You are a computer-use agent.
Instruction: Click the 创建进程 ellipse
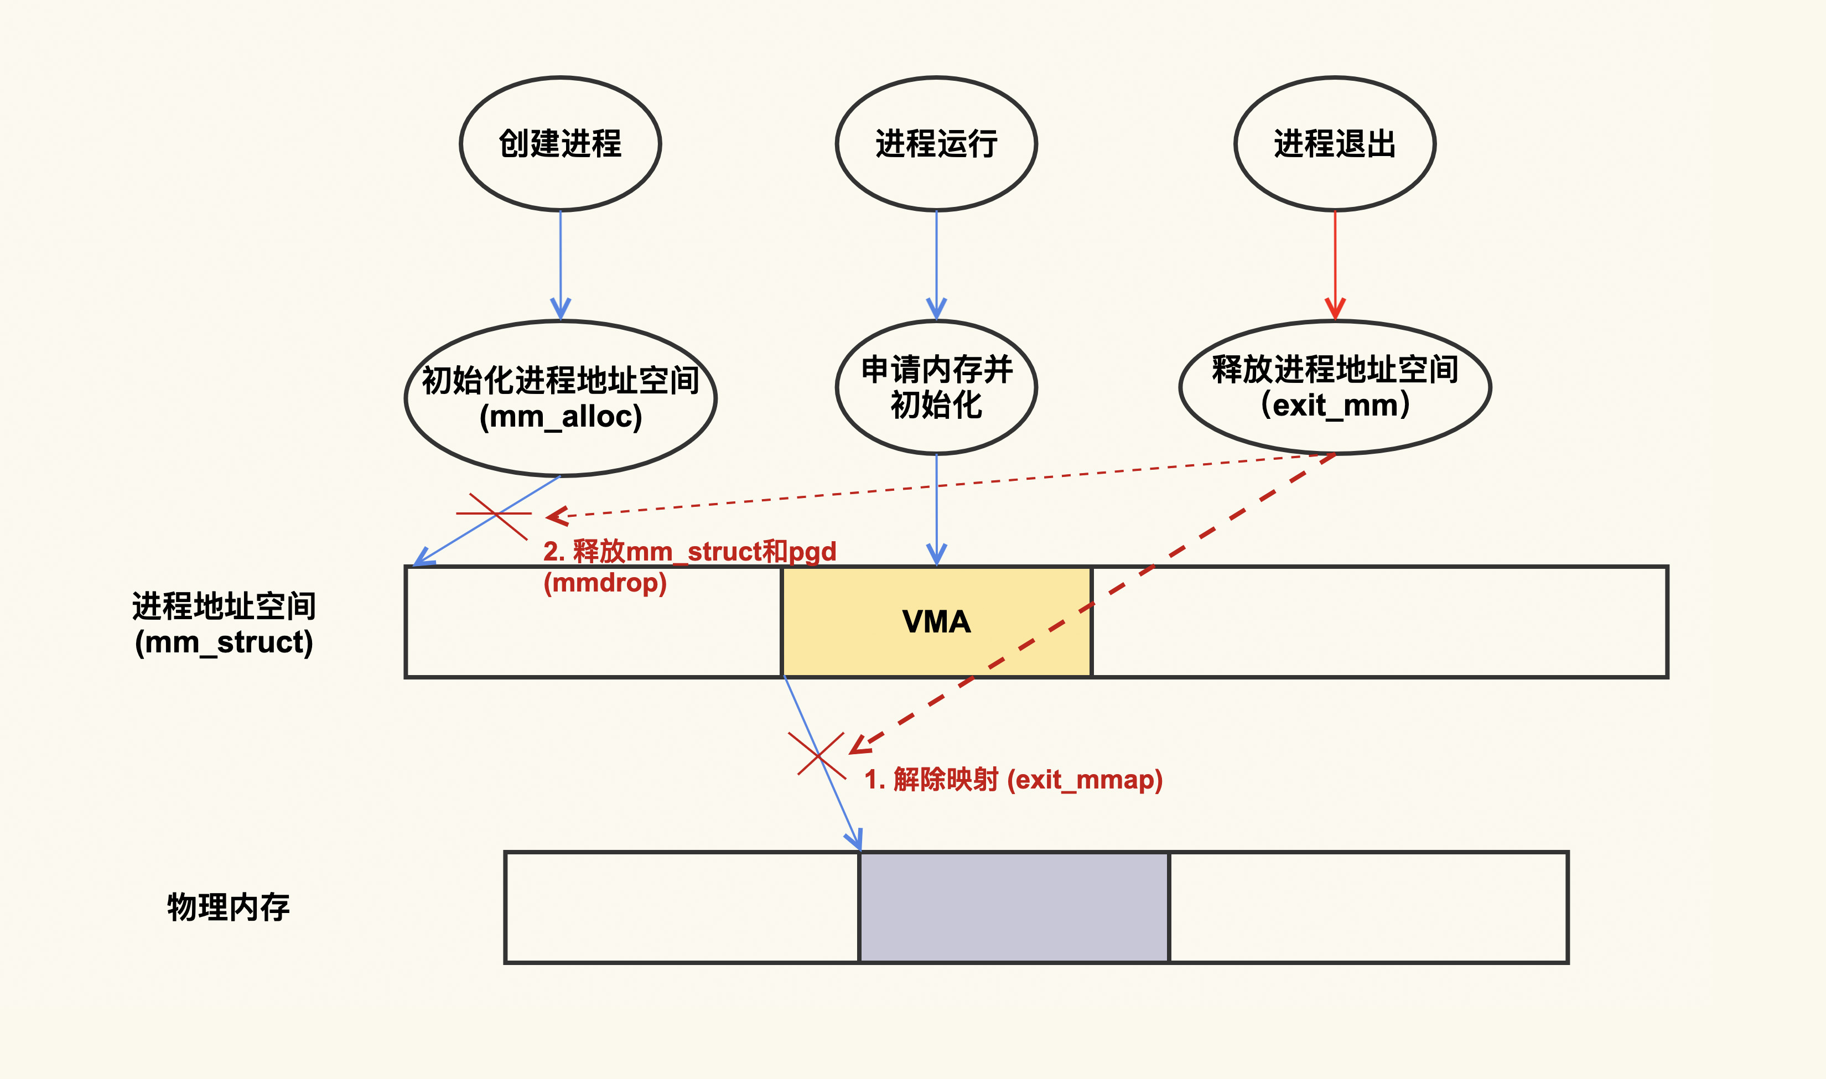560,143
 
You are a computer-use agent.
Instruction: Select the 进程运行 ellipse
936,143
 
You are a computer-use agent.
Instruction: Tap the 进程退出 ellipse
1334,143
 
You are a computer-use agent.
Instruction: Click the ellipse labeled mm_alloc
560,398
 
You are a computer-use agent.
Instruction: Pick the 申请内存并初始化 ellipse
936,387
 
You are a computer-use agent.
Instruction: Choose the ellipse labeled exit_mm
1334,387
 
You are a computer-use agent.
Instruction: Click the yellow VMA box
936,621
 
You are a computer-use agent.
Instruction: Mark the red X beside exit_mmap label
818,755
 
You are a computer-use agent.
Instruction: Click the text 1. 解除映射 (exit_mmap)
1013,780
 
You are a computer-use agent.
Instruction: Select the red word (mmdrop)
605,583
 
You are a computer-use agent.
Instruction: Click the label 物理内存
228,907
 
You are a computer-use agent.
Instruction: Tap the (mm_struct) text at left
224,642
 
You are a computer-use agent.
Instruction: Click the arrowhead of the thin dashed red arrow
556,516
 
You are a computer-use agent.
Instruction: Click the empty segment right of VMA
1379,621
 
